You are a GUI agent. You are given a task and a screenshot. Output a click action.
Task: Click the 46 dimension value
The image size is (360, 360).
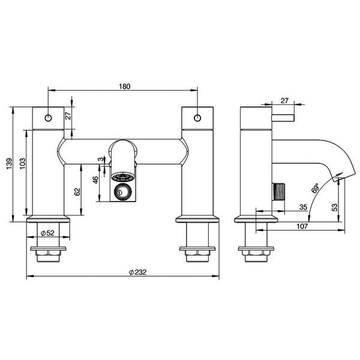pyautogui.click(x=96, y=181)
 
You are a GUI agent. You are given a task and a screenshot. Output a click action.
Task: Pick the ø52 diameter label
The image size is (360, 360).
pyautogui.click(x=48, y=233)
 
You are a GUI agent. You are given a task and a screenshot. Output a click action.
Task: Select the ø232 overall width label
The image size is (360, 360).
pyautogui.click(x=138, y=272)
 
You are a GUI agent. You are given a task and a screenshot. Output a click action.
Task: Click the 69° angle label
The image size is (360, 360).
pyautogui.click(x=316, y=189)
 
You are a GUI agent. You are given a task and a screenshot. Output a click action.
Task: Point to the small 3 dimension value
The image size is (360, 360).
pyautogui.click(x=100, y=160)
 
